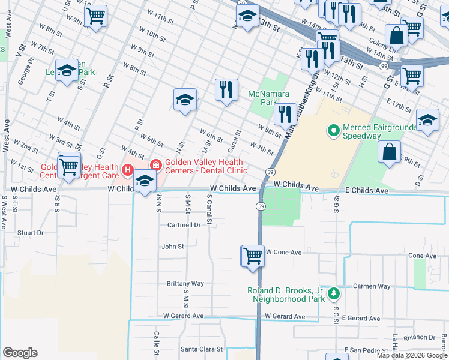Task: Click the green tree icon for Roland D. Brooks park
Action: [x=334, y=294]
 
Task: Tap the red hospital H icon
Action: [x=127, y=170]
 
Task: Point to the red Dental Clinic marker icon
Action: [x=155, y=164]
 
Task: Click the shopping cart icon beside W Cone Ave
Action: [x=253, y=256]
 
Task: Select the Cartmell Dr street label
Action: [x=184, y=225]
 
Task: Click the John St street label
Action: [x=173, y=246]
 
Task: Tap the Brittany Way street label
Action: [x=185, y=283]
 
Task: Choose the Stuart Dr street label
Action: [x=31, y=232]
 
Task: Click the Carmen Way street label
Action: [x=372, y=287]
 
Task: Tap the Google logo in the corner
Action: [x=20, y=353]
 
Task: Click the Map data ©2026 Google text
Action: [x=411, y=355]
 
